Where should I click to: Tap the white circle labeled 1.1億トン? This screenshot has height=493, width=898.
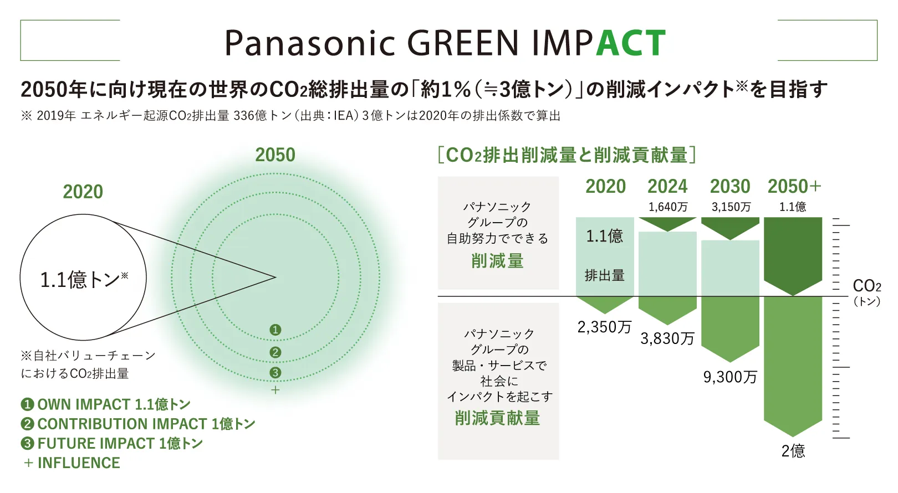(x=83, y=278)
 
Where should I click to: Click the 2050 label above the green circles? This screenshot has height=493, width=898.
(x=275, y=155)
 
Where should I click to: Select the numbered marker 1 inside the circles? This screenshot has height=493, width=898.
(x=275, y=330)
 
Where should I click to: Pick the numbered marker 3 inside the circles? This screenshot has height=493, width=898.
(x=275, y=372)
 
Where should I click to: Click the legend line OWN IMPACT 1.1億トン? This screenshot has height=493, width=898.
(x=105, y=404)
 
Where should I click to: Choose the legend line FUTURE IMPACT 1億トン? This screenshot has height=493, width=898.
(x=112, y=443)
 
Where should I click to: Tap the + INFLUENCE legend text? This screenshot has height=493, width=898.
(x=72, y=463)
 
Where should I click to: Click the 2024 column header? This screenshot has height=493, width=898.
(x=667, y=186)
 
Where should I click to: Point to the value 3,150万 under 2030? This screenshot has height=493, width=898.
(x=731, y=207)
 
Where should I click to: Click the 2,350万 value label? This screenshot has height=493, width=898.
(x=604, y=327)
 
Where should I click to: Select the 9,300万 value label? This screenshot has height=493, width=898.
(x=730, y=377)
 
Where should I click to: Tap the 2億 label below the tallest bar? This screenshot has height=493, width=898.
(x=793, y=451)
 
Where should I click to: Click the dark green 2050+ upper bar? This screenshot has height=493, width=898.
(x=793, y=252)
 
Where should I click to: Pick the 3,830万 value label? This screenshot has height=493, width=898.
(x=667, y=338)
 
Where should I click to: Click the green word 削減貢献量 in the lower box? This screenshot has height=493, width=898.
(x=497, y=418)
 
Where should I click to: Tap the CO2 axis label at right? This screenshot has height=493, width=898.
(x=866, y=286)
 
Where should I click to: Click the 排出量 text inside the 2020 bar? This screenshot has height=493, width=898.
(x=604, y=275)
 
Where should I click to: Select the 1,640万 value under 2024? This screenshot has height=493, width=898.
(x=668, y=207)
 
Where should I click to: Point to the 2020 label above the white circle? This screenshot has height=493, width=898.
(x=83, y=192)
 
